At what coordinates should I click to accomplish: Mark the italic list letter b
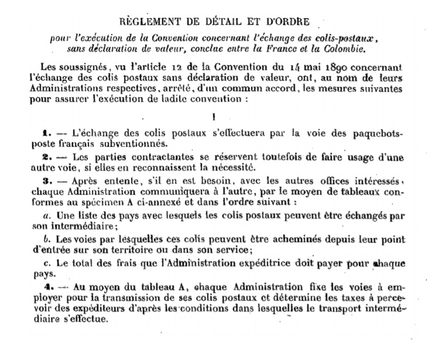[x=49, y=240]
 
